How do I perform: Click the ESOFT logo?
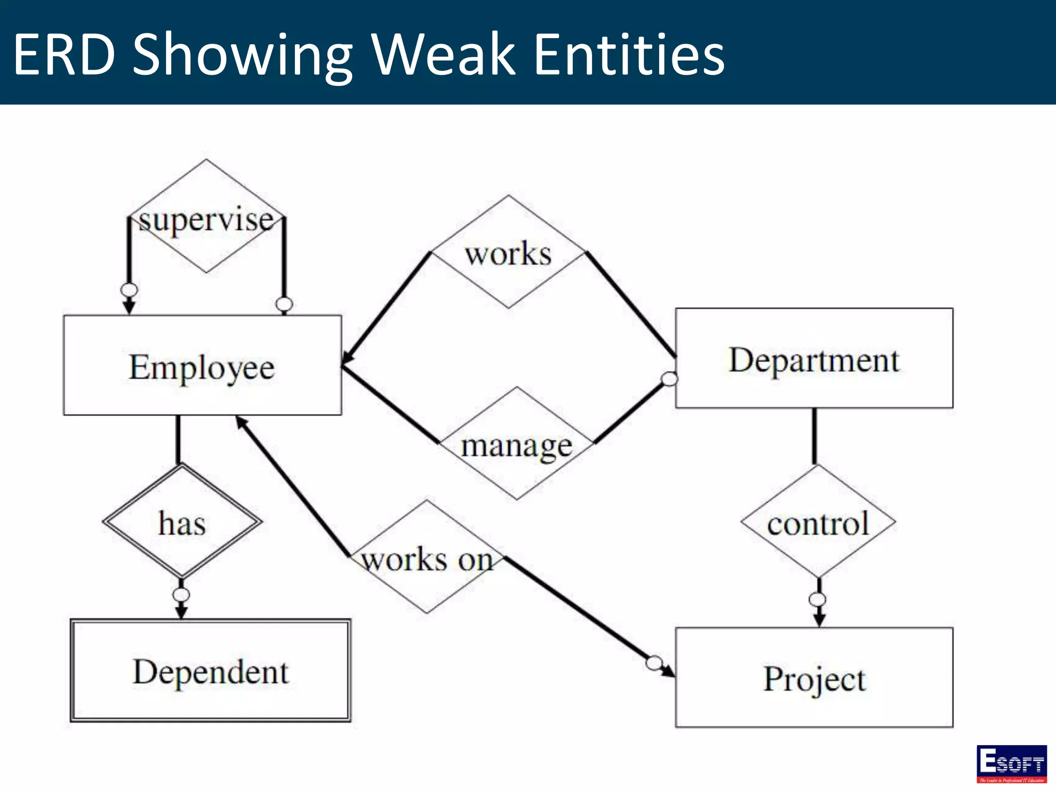[1011, 764]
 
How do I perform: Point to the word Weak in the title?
[443, 54]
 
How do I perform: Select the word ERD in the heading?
[64, 54]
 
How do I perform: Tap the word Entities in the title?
[629, 54]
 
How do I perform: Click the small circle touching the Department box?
[669, 379]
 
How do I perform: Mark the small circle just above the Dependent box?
[181, 595]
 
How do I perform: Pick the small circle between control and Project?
[817, 599]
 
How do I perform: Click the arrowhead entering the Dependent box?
[181, 612]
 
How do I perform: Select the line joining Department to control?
[814, 436]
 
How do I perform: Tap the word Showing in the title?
[242, 54]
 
